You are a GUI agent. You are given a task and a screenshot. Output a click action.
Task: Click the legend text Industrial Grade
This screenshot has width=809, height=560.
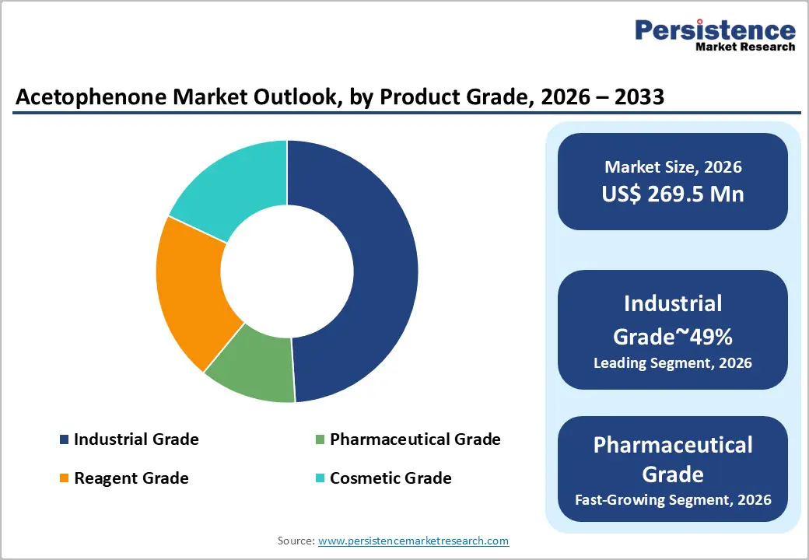pyautogui.click(x=136, y=439)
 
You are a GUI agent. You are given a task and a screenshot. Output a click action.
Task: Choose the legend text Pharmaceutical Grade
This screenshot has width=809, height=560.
pyautogui.click(x=415, y=439)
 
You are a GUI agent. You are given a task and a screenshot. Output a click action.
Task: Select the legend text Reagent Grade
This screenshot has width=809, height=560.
pyautogui.click(x=131, y=478)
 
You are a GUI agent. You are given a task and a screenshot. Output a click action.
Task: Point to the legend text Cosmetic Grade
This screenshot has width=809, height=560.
pyautogui.click(x=390, y=478)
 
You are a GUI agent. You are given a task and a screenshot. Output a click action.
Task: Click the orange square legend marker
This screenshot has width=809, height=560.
pyautogui.click(x=64, y=478)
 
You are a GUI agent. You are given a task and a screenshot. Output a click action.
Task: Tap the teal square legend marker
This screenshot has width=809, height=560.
pyautogui.click(x=320, y=478)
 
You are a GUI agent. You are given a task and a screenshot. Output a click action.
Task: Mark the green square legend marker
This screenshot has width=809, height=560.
pyautogui.click(x=320, y=440)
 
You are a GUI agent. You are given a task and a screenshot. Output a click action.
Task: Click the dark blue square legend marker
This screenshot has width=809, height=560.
pyautogui.click(x=64, y=440)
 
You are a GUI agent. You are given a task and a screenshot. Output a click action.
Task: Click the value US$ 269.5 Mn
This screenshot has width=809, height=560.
pyautogui.click(x=672, y=194)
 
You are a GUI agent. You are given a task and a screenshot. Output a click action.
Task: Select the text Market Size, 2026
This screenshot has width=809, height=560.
pyautogui.click(x=672, y=167)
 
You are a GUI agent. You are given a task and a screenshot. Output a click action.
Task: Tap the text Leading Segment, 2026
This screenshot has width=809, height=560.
pyautogui.click(x=672, y=362)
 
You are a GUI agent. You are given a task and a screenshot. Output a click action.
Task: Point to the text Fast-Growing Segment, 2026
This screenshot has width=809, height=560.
pyautogui.click(x=672, y=499)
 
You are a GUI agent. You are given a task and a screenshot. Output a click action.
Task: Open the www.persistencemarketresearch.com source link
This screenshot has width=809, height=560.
pyautogui.click(x=413, y=541)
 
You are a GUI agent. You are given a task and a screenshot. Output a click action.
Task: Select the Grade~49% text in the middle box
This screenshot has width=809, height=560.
pyautogui.click(x=672, y=336)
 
